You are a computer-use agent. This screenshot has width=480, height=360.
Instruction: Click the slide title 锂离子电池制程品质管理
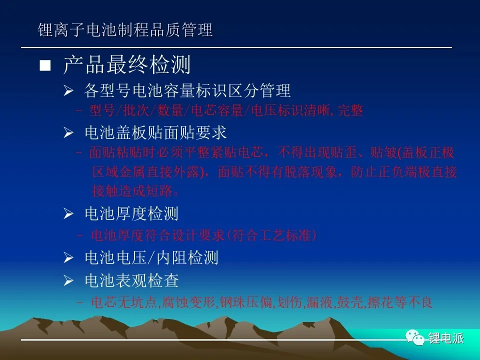pos(125,30)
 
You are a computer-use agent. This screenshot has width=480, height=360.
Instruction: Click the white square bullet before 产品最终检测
pos(45,65)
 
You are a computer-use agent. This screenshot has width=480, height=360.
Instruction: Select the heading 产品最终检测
pos(126,64)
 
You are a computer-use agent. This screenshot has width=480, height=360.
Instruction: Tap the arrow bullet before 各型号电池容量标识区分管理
pos(68,90)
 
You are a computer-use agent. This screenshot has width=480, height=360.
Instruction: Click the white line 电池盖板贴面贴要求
pos(155,132)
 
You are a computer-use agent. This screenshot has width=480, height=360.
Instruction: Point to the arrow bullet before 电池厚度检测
pos(68,213)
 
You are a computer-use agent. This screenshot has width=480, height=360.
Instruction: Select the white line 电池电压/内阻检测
pos(151,257)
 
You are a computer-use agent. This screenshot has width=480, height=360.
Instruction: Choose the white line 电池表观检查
pos(131,280)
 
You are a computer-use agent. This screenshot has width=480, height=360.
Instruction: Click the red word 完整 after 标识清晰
pos(350,110)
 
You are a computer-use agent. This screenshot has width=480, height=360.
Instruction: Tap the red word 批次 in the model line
pos(135,110)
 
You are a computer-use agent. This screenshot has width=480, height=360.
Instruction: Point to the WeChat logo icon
pos(415,337)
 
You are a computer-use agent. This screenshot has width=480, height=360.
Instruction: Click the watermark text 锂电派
pos(446,338)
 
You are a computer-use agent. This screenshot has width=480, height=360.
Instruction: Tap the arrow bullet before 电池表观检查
pos(68,280)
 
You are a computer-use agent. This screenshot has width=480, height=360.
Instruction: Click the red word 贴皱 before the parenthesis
pos(383,152)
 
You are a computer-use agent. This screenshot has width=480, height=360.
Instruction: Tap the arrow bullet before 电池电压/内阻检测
pos(68,258)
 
